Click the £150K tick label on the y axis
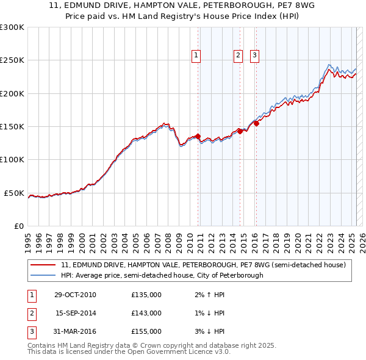click(x=12, y=126)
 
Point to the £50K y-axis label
click(x=14, y=193)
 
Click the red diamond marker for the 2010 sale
click(x=198, y=136)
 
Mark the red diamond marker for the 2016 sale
click(x=257, y=123)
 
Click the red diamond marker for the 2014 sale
click(x=240, y=131)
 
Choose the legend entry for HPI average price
click(x=162, y=275)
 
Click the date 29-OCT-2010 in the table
click(x=75, y=295)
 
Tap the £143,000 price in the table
click(x=146, y=313)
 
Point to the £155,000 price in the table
click(x=146, y=331)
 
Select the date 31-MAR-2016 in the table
click(x=75, y=331)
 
